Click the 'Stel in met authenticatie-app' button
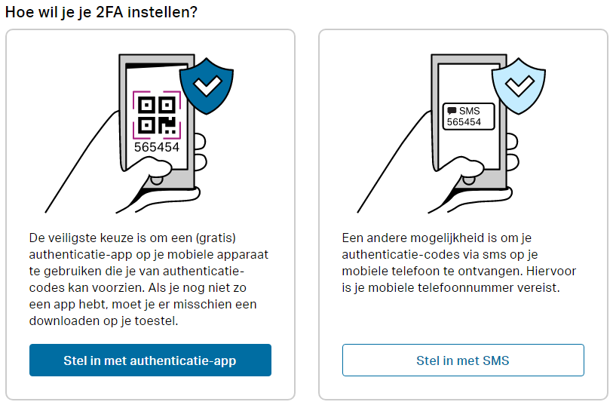[x=150, y=360]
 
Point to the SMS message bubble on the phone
[x=468, y=116]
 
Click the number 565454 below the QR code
[x=157, y=147]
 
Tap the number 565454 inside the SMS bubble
[x=464, y=122]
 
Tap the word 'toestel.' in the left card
[x=164, y=321]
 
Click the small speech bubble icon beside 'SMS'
[x=452, y=110]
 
